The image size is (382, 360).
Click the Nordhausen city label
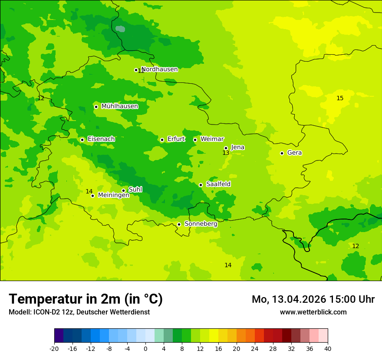coord(159,69)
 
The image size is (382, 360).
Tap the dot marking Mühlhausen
coord(96,107)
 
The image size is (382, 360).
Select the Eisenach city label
coord(101,139)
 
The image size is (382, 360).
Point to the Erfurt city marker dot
coord(162,140)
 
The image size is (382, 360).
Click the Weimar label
coord(212,139)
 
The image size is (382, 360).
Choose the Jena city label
coord(237,147)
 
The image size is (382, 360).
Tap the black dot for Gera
coord(282,153)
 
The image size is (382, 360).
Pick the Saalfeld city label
coord(218,184)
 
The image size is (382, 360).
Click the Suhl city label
coord(135,190)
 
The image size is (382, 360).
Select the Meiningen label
coord(113,195)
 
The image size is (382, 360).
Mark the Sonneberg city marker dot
coord(179,224)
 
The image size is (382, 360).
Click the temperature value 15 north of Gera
coord(340,98)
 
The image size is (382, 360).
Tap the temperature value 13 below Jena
coord(226,153)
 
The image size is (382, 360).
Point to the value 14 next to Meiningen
coord(89,191)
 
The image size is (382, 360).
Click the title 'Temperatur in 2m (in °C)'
coord(86,299)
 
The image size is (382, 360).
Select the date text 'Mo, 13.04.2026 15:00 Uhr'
coord(313,299)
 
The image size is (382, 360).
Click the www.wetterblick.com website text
coord(313,312)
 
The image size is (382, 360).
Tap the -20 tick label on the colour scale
coord(54,348)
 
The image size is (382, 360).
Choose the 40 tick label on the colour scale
coord(328,348)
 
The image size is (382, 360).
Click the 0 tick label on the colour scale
coord(145,348)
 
